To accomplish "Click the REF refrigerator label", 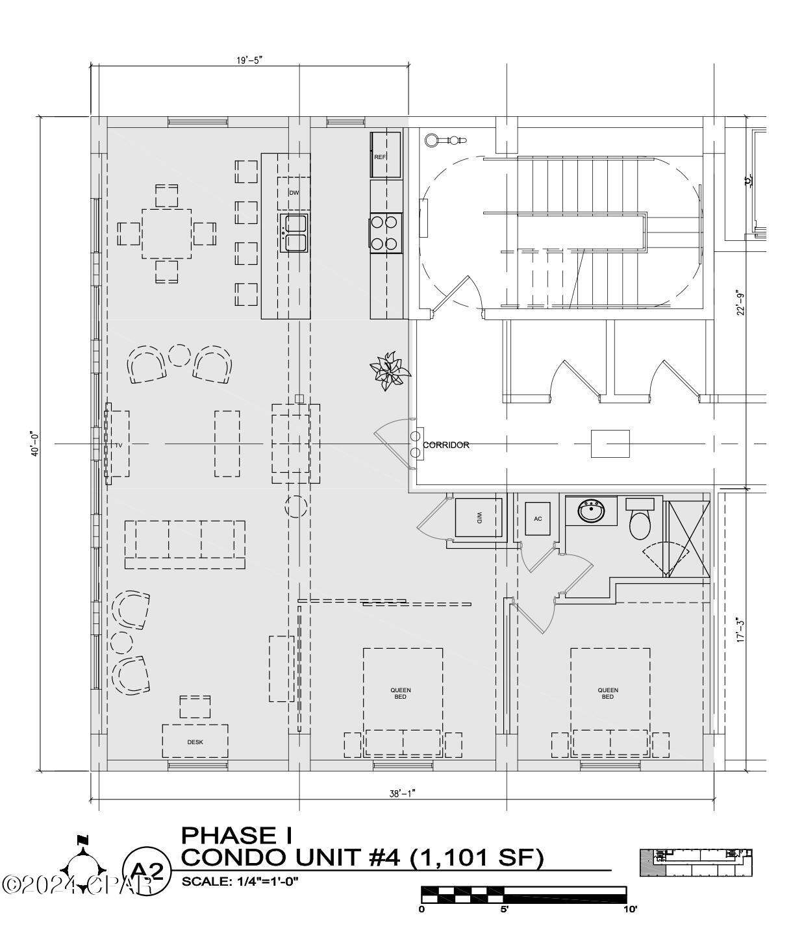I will click(380, 157).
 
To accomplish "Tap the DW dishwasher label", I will click(294, 193).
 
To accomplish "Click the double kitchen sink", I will click(294, 232).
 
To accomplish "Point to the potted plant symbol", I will click(389, 371).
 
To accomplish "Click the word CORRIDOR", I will click(446, 445).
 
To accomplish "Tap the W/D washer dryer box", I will click(479, 518).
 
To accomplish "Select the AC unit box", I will click(538, 519).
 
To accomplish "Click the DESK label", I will click(195, 742).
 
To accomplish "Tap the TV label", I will click(119, 445).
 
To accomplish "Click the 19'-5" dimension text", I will click(249, 60).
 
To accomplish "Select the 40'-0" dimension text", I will click(36, 444).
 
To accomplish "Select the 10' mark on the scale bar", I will click(629, 909).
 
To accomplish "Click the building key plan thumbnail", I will click(696, 862).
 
